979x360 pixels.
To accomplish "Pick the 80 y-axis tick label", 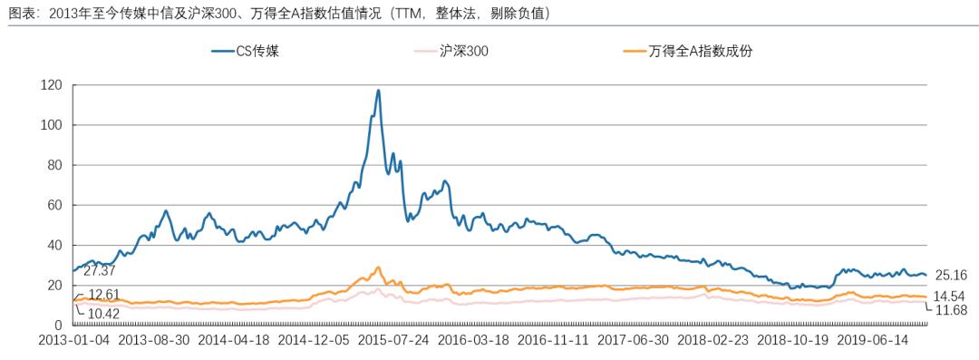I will (x=53, y=165).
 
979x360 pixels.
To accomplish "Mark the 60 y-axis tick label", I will (x=53, y=205).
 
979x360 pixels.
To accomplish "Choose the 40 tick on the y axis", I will (x=53, y=245).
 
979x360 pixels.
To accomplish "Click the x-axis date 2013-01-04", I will (x=73, y=342).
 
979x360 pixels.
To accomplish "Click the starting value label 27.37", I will (x=101, y=271).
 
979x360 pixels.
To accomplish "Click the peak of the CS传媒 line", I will (x=378, y=91).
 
